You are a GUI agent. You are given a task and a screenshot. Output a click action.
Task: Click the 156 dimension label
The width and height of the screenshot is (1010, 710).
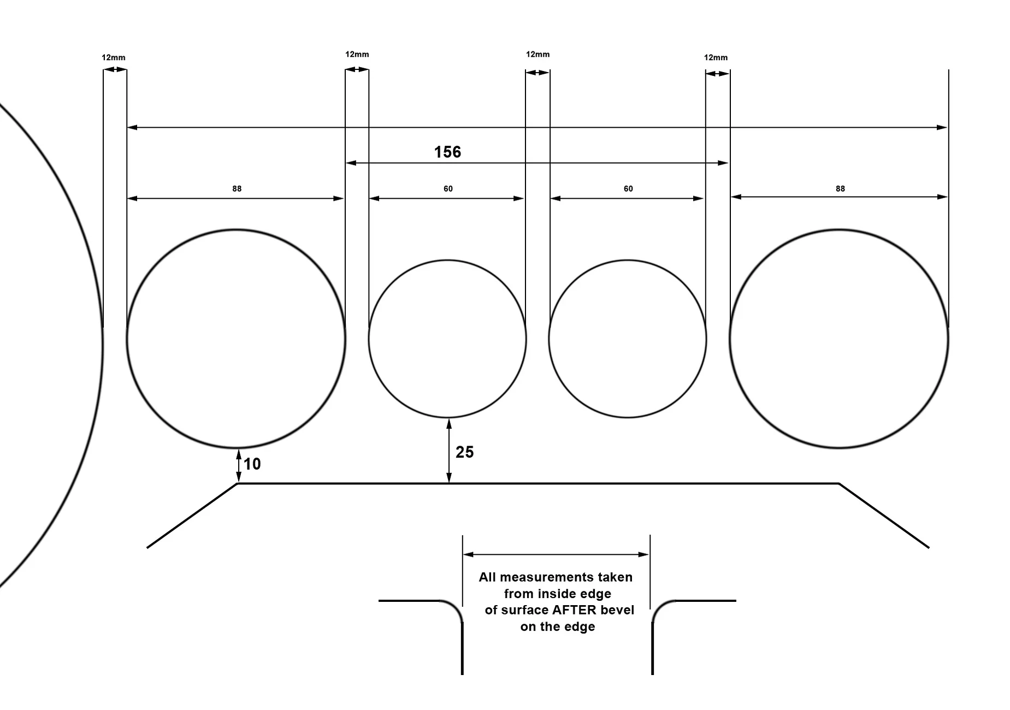[447, 152]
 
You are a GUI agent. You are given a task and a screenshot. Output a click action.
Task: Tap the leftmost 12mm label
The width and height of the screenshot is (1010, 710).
[114, 57]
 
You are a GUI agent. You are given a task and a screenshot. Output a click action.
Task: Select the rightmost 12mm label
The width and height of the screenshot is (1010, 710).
[716, 57]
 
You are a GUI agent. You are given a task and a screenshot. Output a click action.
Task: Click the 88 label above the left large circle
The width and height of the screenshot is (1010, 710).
[237, 189]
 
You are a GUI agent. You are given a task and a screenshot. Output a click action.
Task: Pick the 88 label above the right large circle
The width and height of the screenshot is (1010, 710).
[840, 189]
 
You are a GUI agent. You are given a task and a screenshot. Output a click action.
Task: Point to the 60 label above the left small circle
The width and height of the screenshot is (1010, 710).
[448, 189]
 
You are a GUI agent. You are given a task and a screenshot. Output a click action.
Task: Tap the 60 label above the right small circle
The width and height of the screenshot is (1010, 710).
[628, 189]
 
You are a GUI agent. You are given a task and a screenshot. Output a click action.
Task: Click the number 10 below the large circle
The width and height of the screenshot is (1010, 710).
[252, 464]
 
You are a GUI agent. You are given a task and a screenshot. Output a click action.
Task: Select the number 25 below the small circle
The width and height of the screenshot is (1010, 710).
[464, 452]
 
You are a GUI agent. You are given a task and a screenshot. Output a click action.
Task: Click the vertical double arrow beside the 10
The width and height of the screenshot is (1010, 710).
[238, 466]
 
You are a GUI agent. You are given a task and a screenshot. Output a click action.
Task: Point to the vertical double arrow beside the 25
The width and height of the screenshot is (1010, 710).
[449, 451]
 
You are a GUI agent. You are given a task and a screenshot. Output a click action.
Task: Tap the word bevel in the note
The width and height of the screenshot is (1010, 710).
[618, 610]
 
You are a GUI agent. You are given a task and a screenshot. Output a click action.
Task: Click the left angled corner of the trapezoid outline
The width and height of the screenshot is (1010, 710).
[238, 483]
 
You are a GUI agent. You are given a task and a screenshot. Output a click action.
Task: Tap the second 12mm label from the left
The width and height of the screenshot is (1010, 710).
[357, 54]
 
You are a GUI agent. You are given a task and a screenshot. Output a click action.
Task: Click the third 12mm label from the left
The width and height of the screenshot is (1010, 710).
[538, 54]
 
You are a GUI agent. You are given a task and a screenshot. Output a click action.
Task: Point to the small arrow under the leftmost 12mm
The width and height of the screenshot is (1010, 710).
[115, 69]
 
